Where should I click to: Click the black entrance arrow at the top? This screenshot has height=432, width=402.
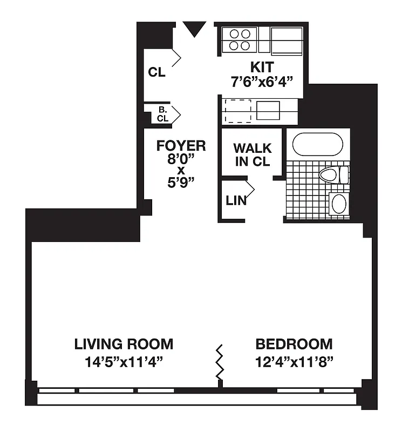pos(194,29)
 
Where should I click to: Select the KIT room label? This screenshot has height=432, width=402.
pos(262,67)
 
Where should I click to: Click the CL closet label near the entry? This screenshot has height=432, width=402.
pos(157,73)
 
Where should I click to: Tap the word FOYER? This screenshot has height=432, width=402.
pos(181,146)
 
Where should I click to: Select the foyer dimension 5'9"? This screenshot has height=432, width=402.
pos(181,182)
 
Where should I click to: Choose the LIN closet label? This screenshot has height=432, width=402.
pos(236,201)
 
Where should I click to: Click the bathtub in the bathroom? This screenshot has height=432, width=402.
pos(318,145)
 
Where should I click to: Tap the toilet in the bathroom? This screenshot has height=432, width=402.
pos(332,175)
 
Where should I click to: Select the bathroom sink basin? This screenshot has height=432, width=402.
pos(339,204)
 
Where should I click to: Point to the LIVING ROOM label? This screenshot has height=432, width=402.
pos(124,344)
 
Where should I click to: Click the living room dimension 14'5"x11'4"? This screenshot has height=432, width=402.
pos(124,361)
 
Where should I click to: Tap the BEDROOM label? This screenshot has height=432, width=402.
pos(294,344)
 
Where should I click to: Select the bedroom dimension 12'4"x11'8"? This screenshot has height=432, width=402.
pos(294,361)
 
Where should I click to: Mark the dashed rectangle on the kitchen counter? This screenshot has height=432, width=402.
pos(237,110)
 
